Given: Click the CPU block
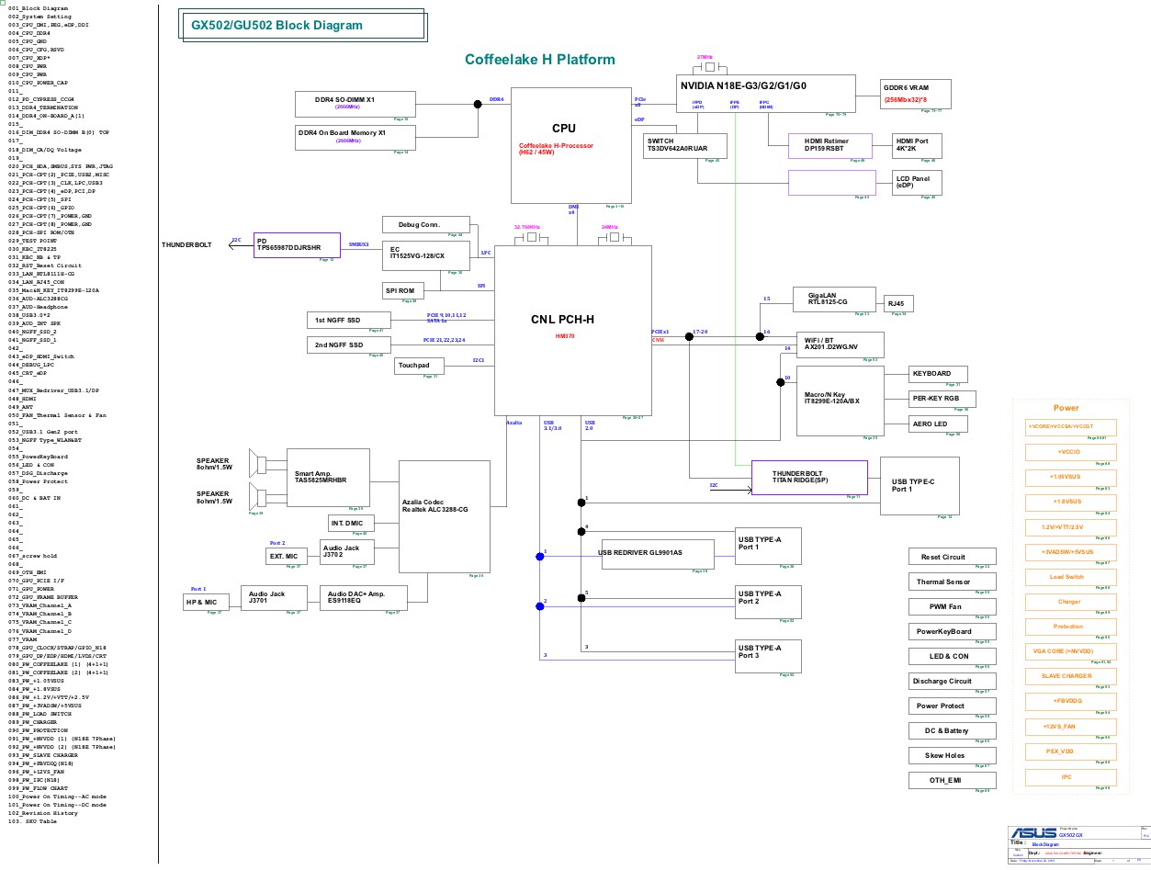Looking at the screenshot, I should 564,145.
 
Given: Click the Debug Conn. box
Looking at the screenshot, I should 425,225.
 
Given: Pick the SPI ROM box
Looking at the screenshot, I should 400,291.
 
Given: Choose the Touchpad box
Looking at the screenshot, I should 419,367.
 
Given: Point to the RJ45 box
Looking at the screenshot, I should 896,304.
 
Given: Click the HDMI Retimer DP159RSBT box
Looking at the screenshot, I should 827,144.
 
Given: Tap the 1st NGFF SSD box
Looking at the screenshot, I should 348,320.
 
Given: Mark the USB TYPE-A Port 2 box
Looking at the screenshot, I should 768,602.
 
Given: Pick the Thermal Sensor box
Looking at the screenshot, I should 951,582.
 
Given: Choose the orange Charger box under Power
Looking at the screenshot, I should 1069,602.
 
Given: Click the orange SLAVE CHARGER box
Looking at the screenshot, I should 1070,676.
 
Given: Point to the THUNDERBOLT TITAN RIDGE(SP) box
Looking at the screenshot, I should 809,477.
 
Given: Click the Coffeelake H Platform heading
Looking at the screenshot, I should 539,60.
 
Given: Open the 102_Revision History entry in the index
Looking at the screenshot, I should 43,813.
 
